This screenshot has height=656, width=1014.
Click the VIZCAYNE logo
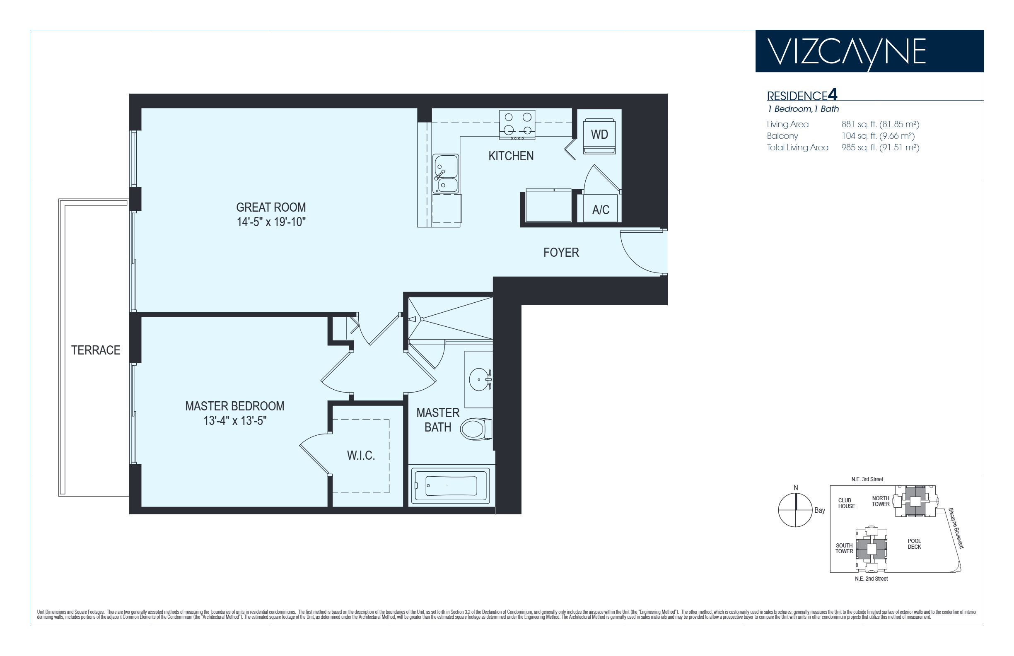point(847,53)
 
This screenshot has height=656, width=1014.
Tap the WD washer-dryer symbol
point(599,136)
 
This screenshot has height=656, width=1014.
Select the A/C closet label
point(600,210)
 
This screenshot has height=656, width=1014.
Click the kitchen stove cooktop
point(517,124)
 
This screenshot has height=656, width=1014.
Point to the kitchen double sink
point(446,174)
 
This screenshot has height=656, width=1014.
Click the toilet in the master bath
point(476,429)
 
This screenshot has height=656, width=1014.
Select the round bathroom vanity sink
point(480,379)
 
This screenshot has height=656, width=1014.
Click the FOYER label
point(561,253)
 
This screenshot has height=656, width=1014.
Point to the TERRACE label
point(95,350)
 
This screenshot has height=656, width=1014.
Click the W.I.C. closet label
point(361,456)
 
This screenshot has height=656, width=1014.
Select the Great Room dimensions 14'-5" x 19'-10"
point(271,222)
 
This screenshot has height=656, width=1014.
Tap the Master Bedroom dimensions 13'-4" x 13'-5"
point(235,421)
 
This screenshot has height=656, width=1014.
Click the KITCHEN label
point(511,156)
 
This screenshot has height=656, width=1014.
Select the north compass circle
point(795,510)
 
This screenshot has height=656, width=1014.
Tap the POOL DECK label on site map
point(914,544)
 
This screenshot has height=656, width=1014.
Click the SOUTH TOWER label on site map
point(844,548)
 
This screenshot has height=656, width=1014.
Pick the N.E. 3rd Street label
point(867,479)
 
